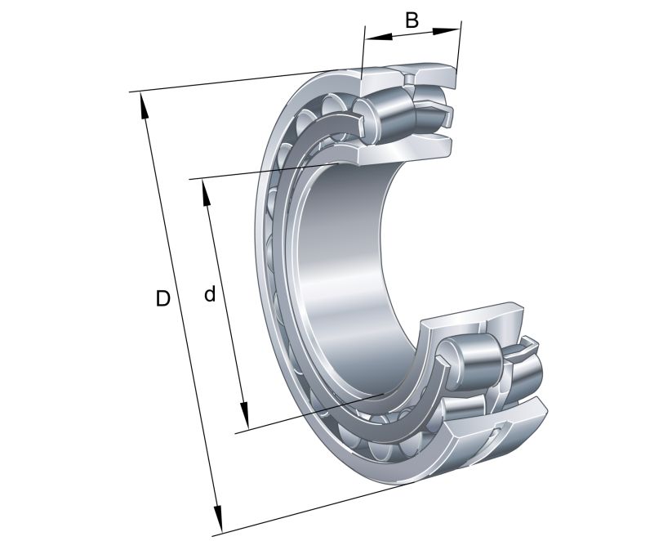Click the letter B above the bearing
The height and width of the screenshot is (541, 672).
(412, 20)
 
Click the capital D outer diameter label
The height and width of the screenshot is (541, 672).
(163, 299)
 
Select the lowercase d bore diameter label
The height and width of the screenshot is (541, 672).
(210, 294)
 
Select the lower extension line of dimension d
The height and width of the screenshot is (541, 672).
(310, 413)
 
